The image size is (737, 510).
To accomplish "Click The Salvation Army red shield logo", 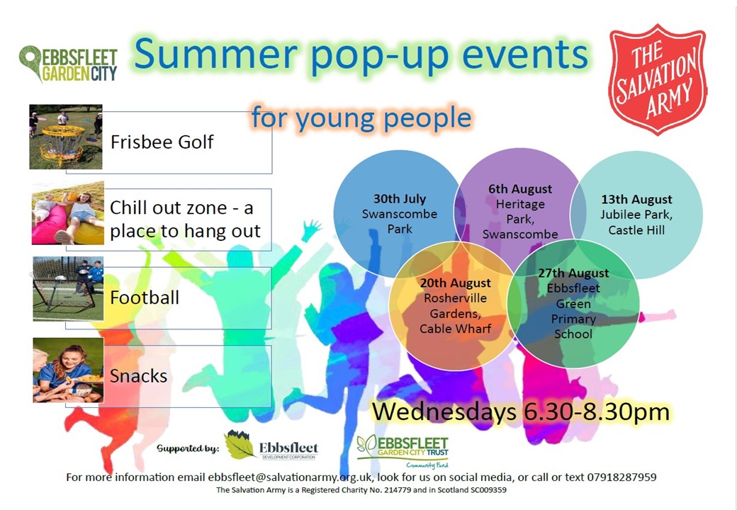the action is click(658, 79).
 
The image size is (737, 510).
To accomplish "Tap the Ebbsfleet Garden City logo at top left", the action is click(68, 64).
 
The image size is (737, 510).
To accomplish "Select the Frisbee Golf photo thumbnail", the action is click(66, 137).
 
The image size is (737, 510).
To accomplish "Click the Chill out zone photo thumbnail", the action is click(68, 213).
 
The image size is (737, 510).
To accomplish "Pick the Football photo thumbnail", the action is click(68, 289).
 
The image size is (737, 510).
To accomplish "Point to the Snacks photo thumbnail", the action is click(68, 370).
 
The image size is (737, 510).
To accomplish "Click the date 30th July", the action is click(400, 198).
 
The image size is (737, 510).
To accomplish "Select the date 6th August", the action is click(520, 189).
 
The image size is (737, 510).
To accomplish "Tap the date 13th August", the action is click(636, 200).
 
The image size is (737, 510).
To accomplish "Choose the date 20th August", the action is click(455, 283).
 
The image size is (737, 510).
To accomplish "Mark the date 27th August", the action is click(573, 273).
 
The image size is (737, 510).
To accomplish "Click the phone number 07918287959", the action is click(621, 477).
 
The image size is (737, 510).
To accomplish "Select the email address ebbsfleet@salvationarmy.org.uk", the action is click(290, 477).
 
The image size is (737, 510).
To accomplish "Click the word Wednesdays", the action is click(444, 412).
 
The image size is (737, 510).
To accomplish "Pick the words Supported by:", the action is click(188, 448).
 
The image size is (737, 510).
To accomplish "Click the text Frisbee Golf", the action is click(162, 142).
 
